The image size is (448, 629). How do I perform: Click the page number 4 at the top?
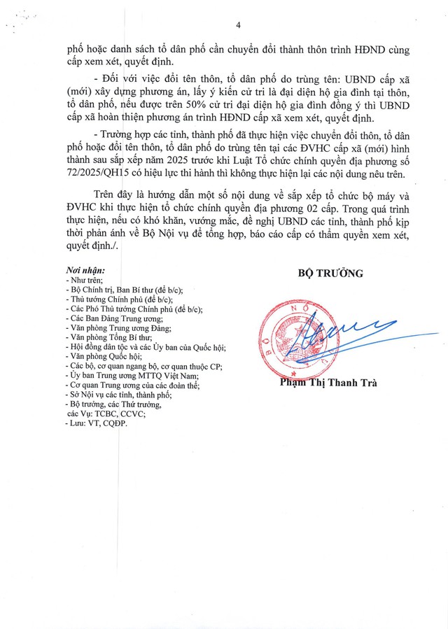click(x=238, y=25)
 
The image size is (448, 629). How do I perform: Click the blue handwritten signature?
click(x=336, y=333)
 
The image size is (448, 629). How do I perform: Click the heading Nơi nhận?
click(x=85, y=269)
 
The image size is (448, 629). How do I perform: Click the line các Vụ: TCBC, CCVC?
click(x=105, y=414)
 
